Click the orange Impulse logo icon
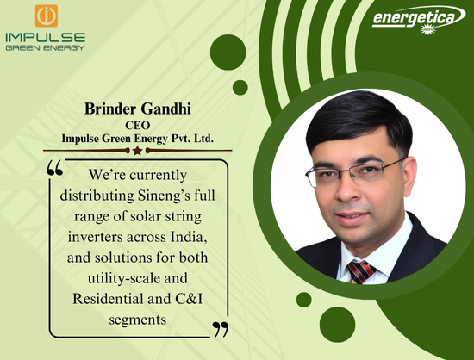coord(47,16)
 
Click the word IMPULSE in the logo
coord(46,38)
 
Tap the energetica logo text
coord(413,18)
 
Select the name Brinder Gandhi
coord(138,109)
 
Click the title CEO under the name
coord(138,126)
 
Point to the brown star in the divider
coord(138,151)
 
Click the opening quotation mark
coord(55,168)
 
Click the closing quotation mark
coord(221,330)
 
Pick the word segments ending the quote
coord(138,320)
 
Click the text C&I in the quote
coord(189,299)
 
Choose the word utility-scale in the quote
coord(124,278)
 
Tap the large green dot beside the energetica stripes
coord(228,53)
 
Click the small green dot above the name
coord(240,88)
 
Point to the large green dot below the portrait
coord(337,325)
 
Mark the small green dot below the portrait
coord(304,300)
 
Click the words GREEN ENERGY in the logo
coord(45,48)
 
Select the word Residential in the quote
coord(108,299)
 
